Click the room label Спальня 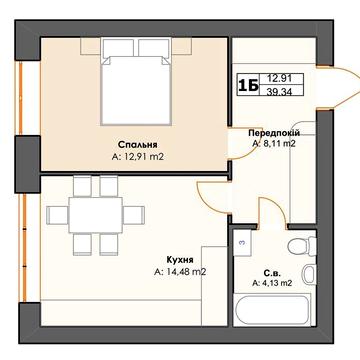[138, 145]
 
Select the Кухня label [180, 260]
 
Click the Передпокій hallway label [274, 133]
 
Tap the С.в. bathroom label [272, 274]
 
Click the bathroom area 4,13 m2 [272, 284]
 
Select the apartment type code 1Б [248, 86]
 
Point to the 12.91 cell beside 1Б [279, 79]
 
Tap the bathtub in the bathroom [272, 311]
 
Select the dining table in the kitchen [96, 215]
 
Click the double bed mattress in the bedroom [136, 90]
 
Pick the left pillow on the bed [117, 48]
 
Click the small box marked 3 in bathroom [242, 243]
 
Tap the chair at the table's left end [57, 215]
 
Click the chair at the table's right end [134, 215]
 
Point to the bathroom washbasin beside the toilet [310, 274]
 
